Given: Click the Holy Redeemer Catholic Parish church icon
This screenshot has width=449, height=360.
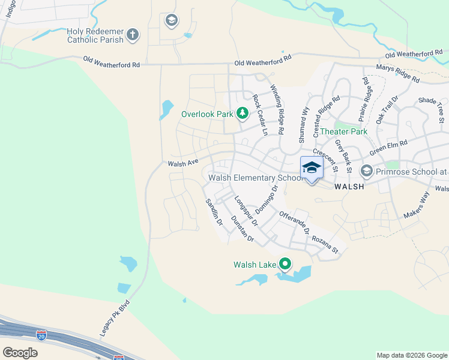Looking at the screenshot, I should [133, 35].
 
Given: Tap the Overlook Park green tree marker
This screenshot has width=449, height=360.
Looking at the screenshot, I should [243, 113].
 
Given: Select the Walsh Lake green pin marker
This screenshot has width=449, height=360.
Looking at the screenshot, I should [285, 263].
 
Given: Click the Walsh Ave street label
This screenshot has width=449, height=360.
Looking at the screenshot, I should [183, 163].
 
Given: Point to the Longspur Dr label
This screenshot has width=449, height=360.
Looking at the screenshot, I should [246, 211].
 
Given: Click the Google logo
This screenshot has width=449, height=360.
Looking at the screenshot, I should [20, 352].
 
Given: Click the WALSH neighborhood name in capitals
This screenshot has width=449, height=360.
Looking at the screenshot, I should [349, 187].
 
